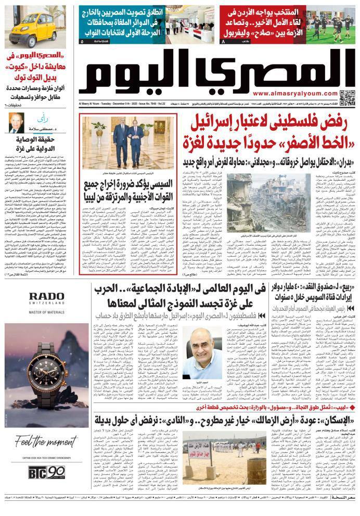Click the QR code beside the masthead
(x=346, y=96)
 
